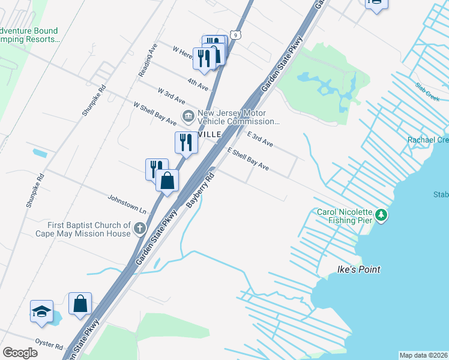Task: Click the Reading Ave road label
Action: (148, 59)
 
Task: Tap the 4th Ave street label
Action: (197, 83)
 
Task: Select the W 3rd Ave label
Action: (171, 95)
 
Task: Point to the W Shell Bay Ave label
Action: (155, 113)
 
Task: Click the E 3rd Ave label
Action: (260, 140)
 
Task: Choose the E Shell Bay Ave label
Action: (247, 159)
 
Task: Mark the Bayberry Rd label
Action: (200, 191)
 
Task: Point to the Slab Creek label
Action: (427, 92)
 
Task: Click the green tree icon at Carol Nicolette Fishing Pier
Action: (381, 215)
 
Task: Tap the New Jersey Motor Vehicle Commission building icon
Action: (188, 116)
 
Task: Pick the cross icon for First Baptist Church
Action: (140, 228)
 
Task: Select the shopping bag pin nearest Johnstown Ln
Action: (167, 179)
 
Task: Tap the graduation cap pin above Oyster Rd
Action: (41, 311)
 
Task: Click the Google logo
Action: (20, 352)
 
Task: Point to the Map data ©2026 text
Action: (423, 355)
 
